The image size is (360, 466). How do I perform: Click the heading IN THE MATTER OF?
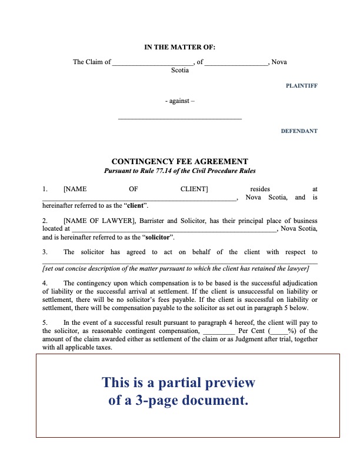[180, 47]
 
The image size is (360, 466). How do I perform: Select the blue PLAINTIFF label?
[301, 86]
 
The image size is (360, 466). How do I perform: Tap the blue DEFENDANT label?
[299, 131]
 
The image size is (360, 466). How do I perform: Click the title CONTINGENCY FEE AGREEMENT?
[180, 162]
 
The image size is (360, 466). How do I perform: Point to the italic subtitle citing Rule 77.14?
[180, 171]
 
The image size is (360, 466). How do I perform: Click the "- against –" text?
[180, 101]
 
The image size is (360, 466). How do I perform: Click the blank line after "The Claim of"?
[152, 63]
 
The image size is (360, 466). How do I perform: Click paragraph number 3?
[45, 252]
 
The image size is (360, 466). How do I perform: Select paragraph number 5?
[45, 322]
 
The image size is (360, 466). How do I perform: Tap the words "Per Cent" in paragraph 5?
[251, 331]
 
